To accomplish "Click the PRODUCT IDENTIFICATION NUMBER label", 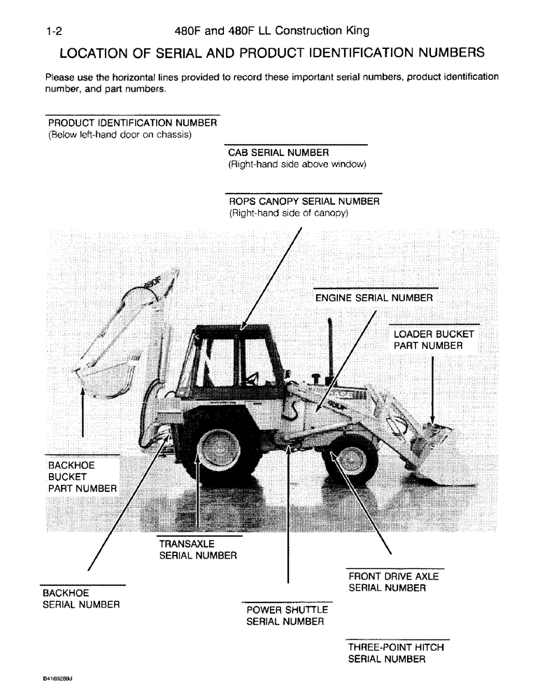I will [132, 123].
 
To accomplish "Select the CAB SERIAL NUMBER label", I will [278, 152].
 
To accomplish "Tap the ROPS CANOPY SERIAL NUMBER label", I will [304, 201].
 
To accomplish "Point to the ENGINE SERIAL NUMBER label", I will [374, 298].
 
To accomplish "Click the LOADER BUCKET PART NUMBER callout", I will [434, 340].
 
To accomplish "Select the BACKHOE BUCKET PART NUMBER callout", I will [81, 476].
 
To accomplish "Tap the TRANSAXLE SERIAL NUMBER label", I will [198, 549].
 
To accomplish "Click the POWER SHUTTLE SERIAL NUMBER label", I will [287, 615].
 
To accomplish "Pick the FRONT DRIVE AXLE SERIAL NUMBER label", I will [394, 582].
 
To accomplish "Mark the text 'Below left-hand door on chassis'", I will [120, 135].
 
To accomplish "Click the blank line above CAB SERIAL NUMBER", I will [297, 144].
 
